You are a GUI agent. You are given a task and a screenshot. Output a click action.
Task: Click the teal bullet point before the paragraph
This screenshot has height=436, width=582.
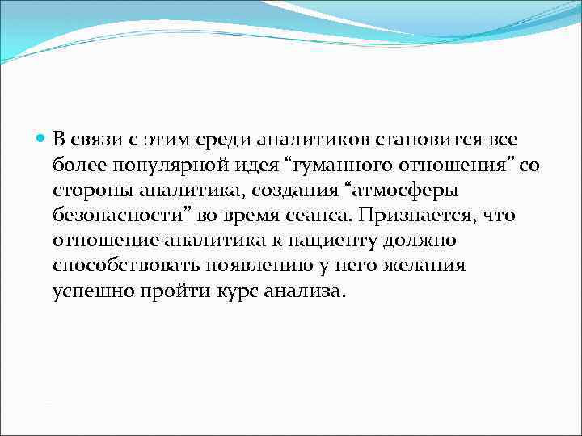42,139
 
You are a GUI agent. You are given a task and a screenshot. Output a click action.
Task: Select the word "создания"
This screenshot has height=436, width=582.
262,191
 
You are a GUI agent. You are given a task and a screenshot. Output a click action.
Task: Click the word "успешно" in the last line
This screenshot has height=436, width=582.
91,291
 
